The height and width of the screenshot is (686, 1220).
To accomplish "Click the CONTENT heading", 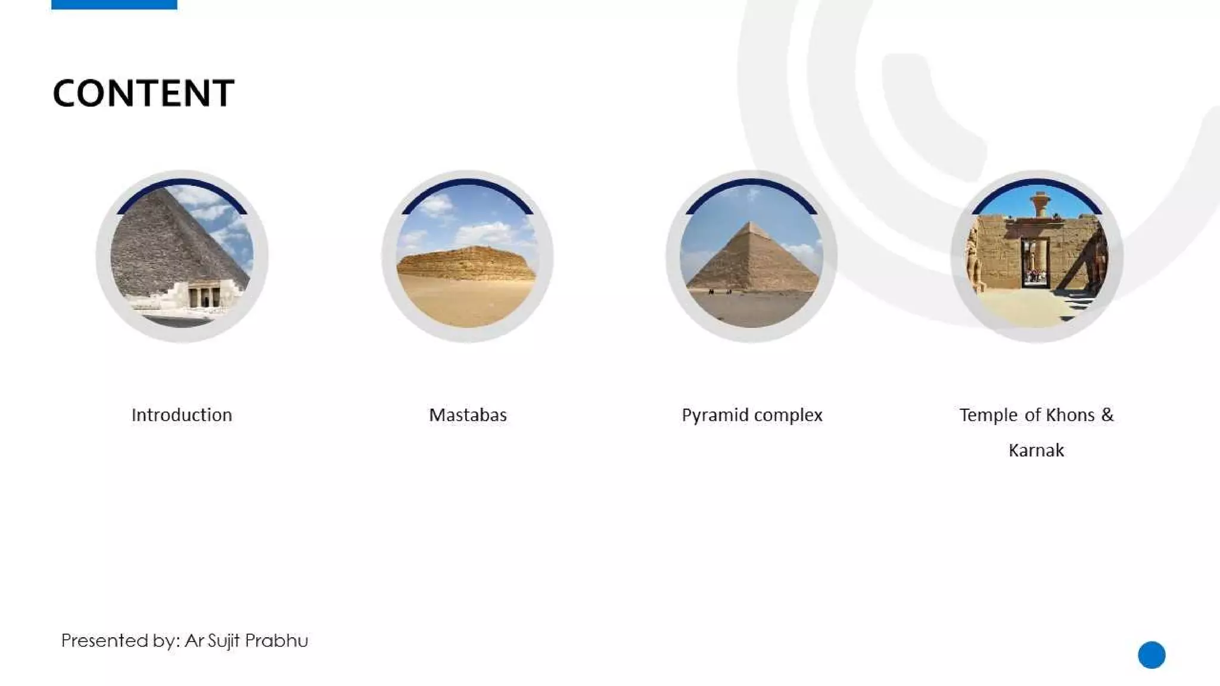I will tap(144, 93).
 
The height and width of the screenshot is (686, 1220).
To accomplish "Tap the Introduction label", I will tap(182, 415).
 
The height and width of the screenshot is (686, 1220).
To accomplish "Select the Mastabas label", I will tap(468, 415).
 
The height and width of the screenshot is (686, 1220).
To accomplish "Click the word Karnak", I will tap(1036, 450).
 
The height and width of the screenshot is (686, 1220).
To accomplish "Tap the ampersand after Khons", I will tap(1107, 414).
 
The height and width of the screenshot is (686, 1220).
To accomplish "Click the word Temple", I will tap(988, 415).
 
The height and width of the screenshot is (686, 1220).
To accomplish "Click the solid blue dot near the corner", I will tap(1151, 655).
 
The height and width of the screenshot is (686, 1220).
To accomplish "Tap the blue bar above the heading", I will tap(114, 4).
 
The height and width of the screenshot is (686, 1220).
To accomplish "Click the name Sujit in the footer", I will tap(224, 641).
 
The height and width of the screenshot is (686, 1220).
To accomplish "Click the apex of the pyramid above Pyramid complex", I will tap(752, 223).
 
